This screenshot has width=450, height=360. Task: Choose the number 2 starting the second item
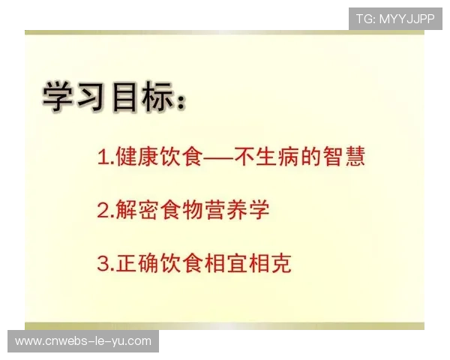(x=103, y=211)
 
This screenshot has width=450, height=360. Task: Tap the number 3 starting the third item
(x=103, y=264)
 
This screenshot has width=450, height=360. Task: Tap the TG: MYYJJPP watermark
(x=395, y=19)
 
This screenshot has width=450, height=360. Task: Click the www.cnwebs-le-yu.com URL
(x=83, y=341)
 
